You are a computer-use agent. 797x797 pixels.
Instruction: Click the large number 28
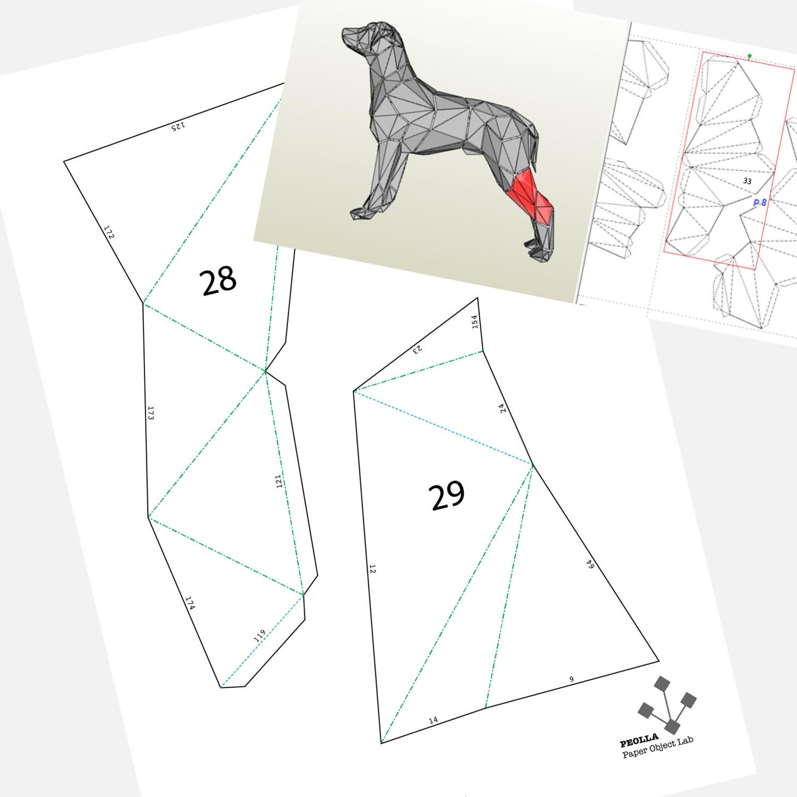click(x=218, y=281)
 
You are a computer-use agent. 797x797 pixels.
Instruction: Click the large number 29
click(x=446, y=495)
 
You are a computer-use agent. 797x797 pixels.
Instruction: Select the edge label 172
click(x=109, y=232)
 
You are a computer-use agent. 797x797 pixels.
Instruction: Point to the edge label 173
click(x=151, y=413)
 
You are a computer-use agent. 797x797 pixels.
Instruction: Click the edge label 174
click(x=190, y=603)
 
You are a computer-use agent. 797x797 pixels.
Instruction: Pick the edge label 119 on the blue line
click(x=259, y=636)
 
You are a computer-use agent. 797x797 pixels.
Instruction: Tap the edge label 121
click(x=279, y=481)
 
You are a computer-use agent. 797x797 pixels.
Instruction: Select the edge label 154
click(x=475, y=322)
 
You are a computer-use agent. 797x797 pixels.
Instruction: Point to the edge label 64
click(x=591, y=565)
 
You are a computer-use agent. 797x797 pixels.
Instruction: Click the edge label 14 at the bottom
click(x=433, y=720)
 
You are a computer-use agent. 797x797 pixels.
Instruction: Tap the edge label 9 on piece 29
click(x=571, y=680)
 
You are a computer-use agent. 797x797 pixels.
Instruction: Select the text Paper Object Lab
click(x=657, y=747)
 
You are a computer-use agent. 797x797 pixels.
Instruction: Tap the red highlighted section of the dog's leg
click(x=529, y=196)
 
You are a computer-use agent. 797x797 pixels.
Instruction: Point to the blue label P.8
click(x=760, y=202)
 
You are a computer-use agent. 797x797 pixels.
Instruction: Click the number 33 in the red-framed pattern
click(x=747, y=181)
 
